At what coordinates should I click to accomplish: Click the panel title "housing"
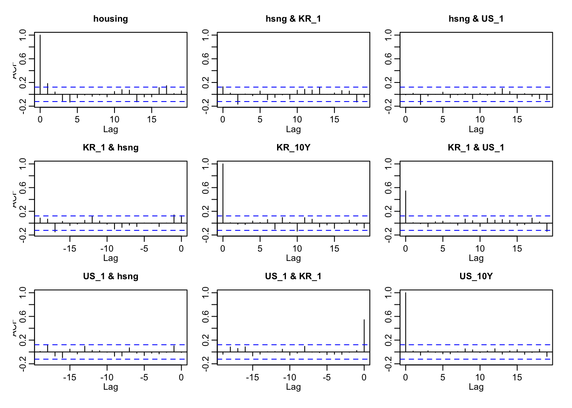[x=111, y=19]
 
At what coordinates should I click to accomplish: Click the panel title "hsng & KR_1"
[x=293, y=19]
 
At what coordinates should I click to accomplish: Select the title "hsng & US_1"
[x=476, y=19]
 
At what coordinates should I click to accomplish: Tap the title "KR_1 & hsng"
[x=111, y=147]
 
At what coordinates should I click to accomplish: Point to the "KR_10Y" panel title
[x=293, y=147]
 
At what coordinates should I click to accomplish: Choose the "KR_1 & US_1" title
[x=476, y=147]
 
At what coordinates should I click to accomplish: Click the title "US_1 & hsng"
[x=111, y=276]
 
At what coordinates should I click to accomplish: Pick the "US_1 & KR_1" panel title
[x=293, y=276]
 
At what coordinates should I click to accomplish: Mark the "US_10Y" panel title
[x=476, y=276]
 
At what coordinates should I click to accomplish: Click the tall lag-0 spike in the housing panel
[x=40, y=64]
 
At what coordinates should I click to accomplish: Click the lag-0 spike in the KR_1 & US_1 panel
[x=406, y=207]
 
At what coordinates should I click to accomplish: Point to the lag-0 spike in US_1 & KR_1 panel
[x=364, y=336]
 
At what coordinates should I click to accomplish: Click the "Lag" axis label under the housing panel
[x=111, y=129]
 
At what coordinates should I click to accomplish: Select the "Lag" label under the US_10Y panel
[x=476, y=387]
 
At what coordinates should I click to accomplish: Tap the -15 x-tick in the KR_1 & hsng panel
[x=70, y=249]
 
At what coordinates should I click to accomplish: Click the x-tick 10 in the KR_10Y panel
[x=297, y=249]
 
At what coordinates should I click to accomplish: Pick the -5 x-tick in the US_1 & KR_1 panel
[x=327, y=377]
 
